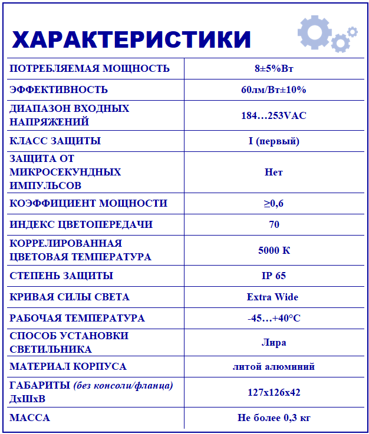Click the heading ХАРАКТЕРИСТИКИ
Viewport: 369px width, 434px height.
(x=131, y=39)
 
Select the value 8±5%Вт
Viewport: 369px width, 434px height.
(x=274, y=68)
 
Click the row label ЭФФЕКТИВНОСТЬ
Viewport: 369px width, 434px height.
(x=59, y=90)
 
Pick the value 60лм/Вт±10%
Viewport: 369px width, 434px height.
(x=274, y=90)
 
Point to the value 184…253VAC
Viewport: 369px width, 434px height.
(x=274, y=115)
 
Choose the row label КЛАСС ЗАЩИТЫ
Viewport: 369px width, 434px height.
(x=55, y=141)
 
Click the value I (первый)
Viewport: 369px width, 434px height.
(x=274, y=141)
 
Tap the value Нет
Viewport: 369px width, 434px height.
(x=274, y=172)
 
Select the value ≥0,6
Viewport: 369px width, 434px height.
(x=274, y=203)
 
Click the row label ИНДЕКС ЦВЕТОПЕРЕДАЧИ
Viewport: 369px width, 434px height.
(x=81, y=224)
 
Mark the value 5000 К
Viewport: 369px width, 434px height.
(x=274, y=250)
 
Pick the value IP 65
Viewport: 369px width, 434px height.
(x=274, y=276)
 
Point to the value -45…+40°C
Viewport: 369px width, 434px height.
(x=274, y=318)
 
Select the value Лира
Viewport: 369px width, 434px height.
(x=274, y=342)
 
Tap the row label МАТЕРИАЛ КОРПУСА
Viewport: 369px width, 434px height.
(x=68, y=366)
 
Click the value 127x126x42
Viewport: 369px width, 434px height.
(x=274, y=392)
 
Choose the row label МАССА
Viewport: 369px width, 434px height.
(x=30, y=418)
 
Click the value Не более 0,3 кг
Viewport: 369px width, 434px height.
(x=274, y=418)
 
